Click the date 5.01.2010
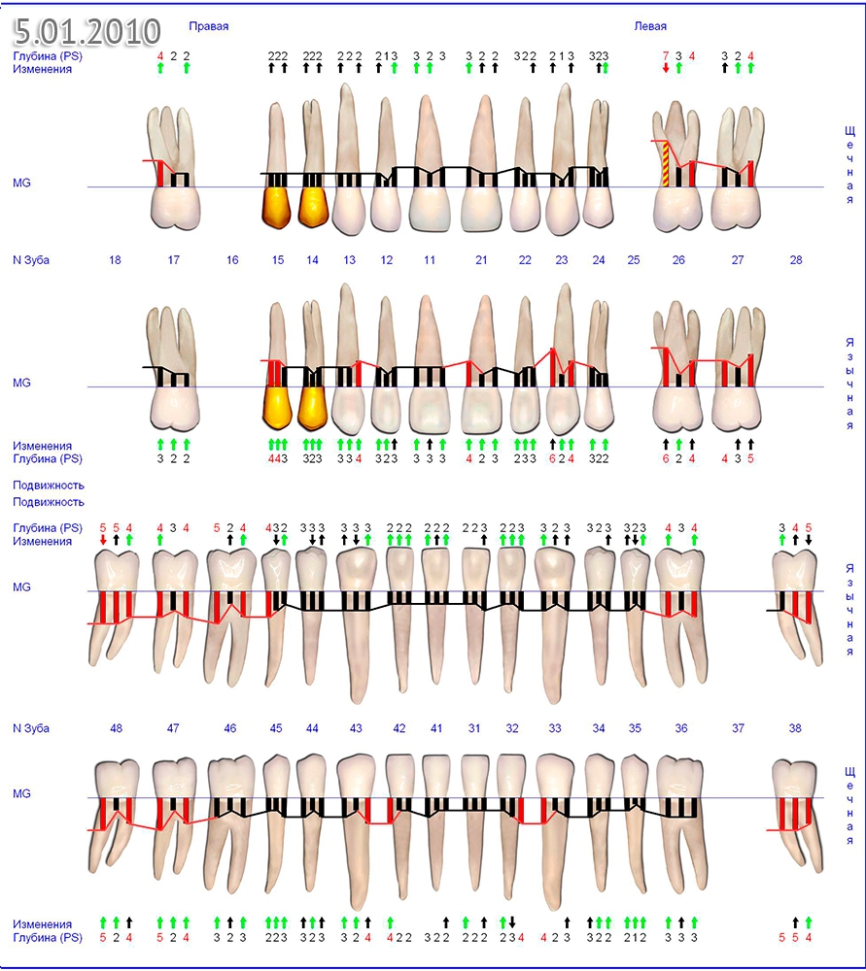87,31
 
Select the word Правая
208,27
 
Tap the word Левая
650,27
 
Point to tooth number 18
115,260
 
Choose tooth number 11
429,260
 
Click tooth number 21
481,260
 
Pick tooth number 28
796,260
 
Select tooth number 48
116,728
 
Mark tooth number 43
356,728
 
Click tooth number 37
738,728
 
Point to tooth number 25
634,260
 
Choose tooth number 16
232,260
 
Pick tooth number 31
474,728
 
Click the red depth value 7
666,56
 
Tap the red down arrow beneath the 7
666,69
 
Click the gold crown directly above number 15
277,207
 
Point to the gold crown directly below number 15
277,408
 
